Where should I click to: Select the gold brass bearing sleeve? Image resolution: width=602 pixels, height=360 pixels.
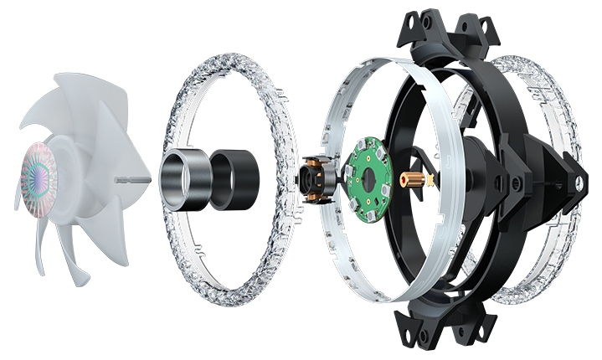[x=413, y=178]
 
